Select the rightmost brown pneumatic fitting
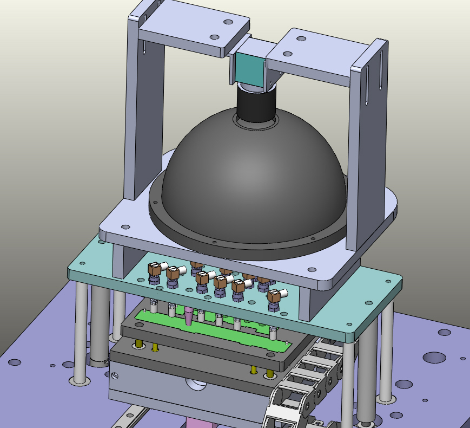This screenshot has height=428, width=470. coord(275,296)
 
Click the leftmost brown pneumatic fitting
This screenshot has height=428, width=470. coord(155,268)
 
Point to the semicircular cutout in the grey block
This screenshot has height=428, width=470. coord(196,384)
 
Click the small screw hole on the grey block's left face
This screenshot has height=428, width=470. coord(115,374)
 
